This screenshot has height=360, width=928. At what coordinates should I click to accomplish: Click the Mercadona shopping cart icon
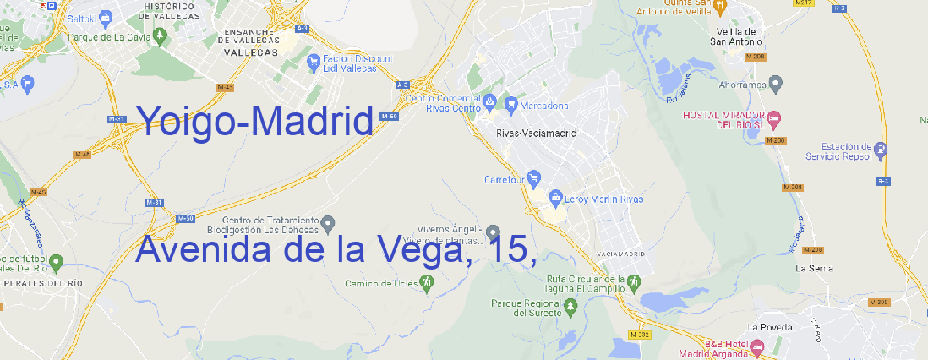tap(511, 105)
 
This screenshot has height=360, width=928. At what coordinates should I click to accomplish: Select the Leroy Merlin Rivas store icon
tap(555, 199)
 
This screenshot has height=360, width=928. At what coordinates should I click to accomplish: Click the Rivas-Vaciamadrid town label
tap(536, 133)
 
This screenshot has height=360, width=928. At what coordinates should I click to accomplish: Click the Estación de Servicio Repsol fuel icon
tap(882, 150)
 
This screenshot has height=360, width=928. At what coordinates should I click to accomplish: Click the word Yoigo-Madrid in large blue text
tap(254, 123)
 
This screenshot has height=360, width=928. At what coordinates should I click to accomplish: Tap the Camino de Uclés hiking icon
tap(427, 281)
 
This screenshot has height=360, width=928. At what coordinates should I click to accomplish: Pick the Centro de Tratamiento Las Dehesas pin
tap(329, 223)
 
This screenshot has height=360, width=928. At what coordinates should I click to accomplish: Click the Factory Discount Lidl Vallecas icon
tap(315, 61)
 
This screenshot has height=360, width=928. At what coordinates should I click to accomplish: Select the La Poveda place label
tap(770, 327)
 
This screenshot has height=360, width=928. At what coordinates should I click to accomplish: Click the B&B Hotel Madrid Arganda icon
tap(757, 346)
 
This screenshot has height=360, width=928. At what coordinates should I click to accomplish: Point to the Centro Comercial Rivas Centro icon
tap(490, 102)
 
